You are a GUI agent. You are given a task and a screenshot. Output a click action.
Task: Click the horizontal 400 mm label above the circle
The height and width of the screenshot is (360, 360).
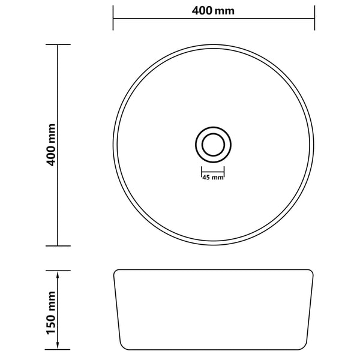(x=214, y=11)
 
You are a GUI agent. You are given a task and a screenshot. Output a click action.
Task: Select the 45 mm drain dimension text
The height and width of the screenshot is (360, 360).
(x=212, y=178)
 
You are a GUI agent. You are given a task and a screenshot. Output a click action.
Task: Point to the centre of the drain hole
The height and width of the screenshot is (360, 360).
(x=212, y=145)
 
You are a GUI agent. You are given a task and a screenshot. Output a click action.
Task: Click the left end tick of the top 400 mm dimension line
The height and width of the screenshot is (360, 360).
(x=113, y=19)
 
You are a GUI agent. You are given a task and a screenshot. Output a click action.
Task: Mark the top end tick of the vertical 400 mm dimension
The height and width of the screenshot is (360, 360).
(x=58, y=44)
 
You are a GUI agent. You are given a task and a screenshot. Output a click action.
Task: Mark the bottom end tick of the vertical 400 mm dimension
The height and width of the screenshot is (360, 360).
(x=58, y=245)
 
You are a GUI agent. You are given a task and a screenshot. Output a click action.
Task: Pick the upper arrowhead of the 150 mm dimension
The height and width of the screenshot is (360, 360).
(x=58, y=273)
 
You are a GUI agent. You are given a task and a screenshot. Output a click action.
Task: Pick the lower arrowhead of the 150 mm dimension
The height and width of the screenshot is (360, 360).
(x=58, y=349)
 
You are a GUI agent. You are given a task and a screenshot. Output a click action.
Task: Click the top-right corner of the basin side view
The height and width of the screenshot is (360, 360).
(x=314, y=271)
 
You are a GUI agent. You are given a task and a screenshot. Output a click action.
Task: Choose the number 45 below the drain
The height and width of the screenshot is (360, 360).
(x=206, y=178)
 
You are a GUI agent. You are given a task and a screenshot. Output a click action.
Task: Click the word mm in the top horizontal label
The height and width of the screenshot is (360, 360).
(x=226, y=11)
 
